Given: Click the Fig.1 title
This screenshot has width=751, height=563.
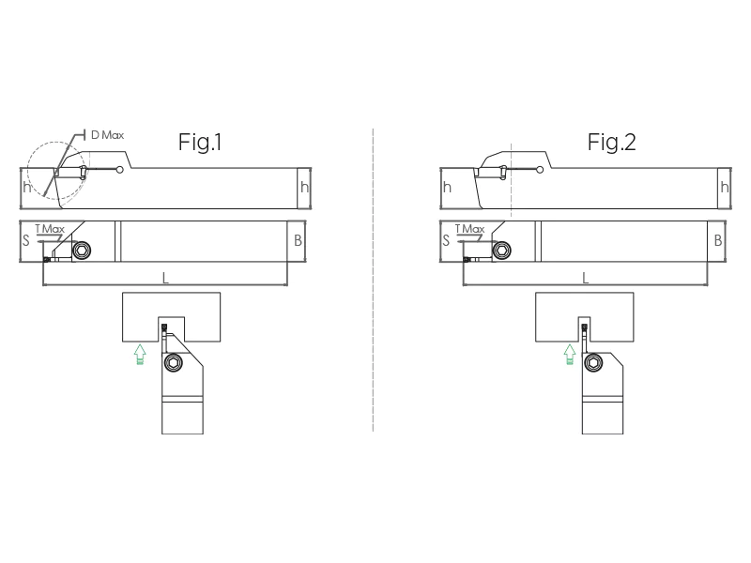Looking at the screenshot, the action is pyautogui.click(x=200, y=143).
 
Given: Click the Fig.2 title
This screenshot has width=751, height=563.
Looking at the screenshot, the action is pyautogui.click(x=612, y=143).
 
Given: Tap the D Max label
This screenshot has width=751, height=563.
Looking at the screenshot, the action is pyautogui.click(x=107, y=135).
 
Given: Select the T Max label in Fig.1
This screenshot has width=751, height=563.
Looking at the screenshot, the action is pyautogui.click(x=50, y=229).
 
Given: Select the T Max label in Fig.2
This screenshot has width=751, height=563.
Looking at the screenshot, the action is pyautogui.click(x=470, y=229).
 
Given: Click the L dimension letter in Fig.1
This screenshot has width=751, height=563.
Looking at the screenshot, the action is pyautogui.click(x=165, y=278).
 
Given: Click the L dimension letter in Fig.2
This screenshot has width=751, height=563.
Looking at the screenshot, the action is pyautogui.click(x=585, y=278).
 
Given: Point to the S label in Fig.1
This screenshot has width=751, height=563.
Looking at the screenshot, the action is pyautogui.click(x=26, y=240).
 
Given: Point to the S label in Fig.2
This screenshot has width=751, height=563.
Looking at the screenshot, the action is pyautogui.click(x=446, y=240).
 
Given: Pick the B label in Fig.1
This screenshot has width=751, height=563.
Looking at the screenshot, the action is pyautogui.click(x=298, y=240).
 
